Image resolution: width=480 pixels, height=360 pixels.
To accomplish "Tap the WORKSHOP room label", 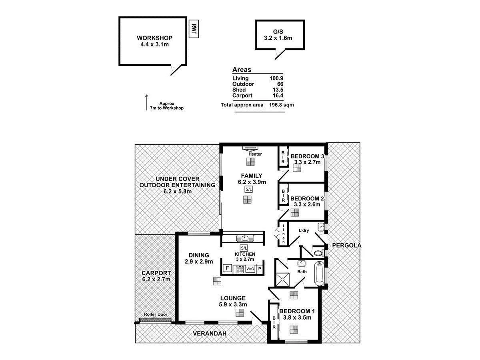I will click(x=154, y=38).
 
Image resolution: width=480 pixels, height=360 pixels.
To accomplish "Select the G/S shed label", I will click(x=278, y=32).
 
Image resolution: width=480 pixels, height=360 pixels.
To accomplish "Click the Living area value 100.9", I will click(x=276, y=78).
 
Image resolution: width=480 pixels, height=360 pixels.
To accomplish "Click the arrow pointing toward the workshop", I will click(x=146, y=102).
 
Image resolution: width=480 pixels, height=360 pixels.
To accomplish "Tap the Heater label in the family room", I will click(x=255, y=154).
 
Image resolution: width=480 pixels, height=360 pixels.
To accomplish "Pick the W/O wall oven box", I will click(x=250, y=269).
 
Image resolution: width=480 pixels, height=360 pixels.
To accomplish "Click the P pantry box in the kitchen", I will click(x=260, y=269).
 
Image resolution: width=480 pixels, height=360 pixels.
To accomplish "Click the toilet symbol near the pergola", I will click(x=319, y=253).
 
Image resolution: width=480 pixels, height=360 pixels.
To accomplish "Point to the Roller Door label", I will click(x=157, y=314).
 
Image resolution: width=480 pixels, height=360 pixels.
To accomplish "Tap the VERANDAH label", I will click(x=210, y=334).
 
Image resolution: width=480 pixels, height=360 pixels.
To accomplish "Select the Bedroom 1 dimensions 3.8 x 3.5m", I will click(x=297, y=318).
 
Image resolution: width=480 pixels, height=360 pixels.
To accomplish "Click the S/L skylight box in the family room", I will click(x=248, y=189).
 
